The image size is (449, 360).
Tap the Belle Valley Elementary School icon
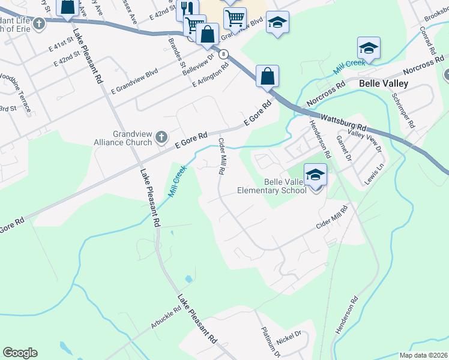[x=315, y=175]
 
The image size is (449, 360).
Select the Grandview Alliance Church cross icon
[x=161, y=138]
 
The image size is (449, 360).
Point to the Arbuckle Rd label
[x=166, y=318]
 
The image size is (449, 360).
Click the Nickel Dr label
[x=289, y=337]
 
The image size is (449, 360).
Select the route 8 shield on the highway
[x=223, y=54]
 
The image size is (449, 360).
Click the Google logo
[x=20, y=353]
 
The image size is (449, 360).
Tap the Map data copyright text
[x=423, y=355]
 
